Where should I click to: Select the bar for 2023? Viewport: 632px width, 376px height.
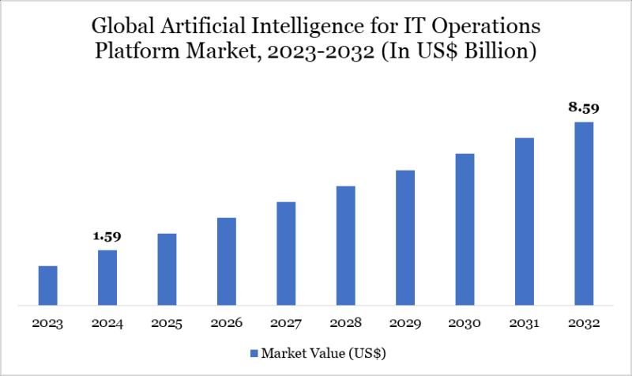pyautogui.click(x=48, y=285)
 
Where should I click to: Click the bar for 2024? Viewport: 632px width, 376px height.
pyautogui.click(x=107, y=277)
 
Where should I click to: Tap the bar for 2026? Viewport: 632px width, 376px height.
pyautogui.click(x=227, y=261)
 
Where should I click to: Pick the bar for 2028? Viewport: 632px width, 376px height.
pyautogui.click(x=345, y=245)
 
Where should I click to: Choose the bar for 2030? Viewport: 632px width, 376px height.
pyautogui.click(x=465, y=229)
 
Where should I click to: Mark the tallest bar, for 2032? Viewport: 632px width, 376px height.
pyautogui.click(x=584, y=213)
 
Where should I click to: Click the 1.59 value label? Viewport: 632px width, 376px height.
pyautogui.click(x=107, y=236)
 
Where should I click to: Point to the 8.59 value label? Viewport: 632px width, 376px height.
pyautogui.click(x=584, y=107)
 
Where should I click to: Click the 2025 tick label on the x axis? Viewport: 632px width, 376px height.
pyautogui.click(x=167, y=324)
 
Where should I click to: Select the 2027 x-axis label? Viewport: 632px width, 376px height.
pyautogui.click(x=286, y=324)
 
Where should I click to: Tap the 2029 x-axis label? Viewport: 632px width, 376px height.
pyautogui.click(x=405, y=324)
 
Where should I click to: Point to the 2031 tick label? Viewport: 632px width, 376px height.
pyautogui.click(x=525, y=324)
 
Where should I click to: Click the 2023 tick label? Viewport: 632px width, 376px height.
pyautogui.click(x=48, y=324)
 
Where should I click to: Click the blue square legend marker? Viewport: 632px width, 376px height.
pyautogui.click(x=254, y=352)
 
